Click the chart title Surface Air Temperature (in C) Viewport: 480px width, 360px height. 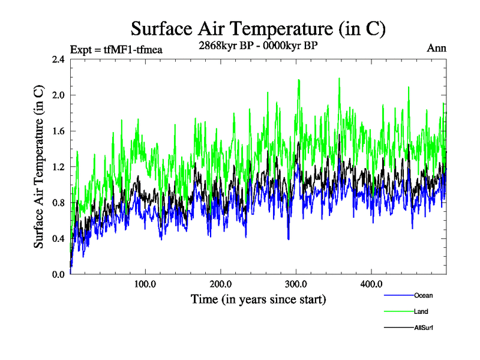coord(257,29)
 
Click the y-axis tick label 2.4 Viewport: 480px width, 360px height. coord(58,59)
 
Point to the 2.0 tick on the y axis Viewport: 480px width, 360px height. coord(58,95)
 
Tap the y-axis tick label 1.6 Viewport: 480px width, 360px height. coord(58,131)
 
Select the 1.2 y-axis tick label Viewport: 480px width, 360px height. coord(58,167)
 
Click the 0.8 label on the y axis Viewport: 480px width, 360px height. coord(58,203)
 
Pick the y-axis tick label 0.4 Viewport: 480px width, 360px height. coord(58,239)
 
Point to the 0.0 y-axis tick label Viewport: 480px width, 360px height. coord(58,274)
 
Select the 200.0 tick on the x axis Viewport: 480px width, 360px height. coord(221,284)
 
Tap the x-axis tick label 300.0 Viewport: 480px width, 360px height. coord(296,284)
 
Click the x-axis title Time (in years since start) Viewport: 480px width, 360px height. coord(258,299)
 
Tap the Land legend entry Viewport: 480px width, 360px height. coord(421,311)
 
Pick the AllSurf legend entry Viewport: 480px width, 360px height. coord(424,328)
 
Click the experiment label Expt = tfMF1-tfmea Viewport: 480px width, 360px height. coord(116,49)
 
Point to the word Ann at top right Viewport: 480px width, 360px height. coord(436,49)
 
